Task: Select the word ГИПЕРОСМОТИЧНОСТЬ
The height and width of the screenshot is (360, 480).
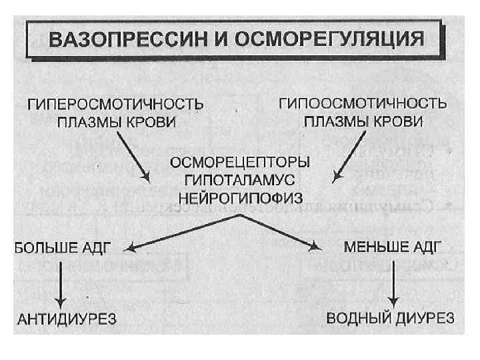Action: tap(115, 105)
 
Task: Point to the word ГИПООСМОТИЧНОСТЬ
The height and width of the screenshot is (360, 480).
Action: tap(362, 105)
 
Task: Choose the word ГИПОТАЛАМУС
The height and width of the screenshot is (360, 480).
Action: tap(240, 180)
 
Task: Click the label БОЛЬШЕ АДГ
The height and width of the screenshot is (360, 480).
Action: tap(62, 247)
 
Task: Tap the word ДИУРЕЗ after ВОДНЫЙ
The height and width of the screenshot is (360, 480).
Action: tap(425, 317)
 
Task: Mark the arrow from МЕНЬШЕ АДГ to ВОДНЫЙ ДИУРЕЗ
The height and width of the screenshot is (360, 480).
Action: tap(395, 281)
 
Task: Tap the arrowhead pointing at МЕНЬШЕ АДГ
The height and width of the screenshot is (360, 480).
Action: tap(316, 247)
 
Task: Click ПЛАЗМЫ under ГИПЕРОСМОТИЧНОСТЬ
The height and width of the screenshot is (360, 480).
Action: tap(88, 123)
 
